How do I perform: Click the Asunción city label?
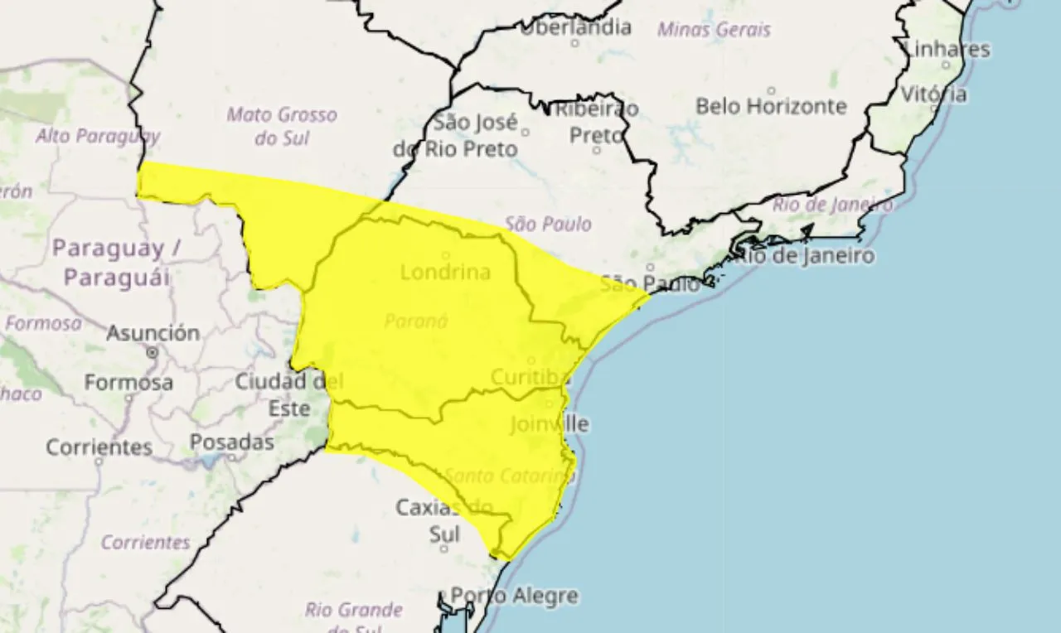pos(153,333)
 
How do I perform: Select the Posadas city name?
pos(231,442)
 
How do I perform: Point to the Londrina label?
pos(445,272)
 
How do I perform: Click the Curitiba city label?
pos(530,377)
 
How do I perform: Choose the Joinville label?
pos(549,424)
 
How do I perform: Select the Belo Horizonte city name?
pos(771,106)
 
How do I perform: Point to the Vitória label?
pos(933,94)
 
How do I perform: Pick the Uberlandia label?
pos(575,27)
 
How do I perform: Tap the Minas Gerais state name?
pos(714,30)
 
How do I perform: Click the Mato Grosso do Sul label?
pos(282,126)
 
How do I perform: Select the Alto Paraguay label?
pos(98,136)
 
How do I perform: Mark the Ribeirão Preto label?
pos(597,121)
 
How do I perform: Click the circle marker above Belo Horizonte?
pos(771,90)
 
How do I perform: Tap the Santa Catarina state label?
pos(509,476)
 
